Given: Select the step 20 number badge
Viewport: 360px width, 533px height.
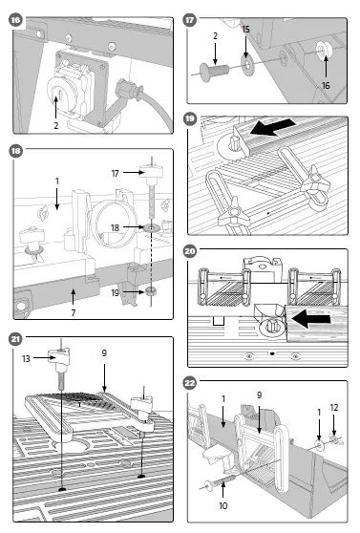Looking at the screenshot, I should [x=191, y=251].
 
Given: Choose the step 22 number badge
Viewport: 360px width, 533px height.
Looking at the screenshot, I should [x=191, y=383].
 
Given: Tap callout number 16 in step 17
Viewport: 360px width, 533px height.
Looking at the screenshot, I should [x=326, y=85].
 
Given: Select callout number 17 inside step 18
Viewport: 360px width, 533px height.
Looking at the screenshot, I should [x=116, y=173].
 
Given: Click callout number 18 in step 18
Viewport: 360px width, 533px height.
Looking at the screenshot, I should [x=116, y=228].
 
